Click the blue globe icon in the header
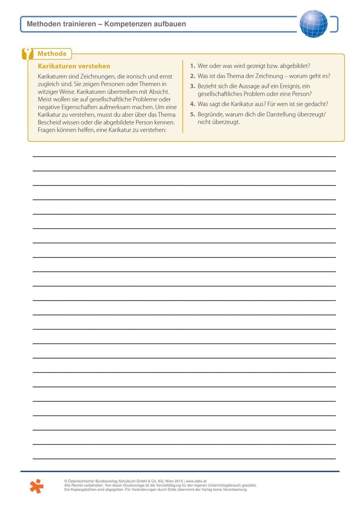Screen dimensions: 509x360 click(x=313, y=24)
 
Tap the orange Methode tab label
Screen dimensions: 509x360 click(x=52, y=54)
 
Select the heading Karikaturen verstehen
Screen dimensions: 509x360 click(x=74, y=66)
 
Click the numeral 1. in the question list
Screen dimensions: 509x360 click(x=193, y=65)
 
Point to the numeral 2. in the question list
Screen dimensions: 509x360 click(x=193, y=76)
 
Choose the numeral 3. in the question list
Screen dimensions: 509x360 click(x=193, y=86)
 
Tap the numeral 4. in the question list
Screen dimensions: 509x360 click(x=193, y=104)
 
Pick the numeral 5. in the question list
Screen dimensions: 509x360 click(x=193, y=114)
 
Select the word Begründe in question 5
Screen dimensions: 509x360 click(x=210, y=114)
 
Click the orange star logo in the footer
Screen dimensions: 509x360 click(x=36, y=486)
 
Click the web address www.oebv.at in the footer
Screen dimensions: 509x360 click(x=197, y=481)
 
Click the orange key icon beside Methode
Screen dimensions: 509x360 click(x=28, y=54)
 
